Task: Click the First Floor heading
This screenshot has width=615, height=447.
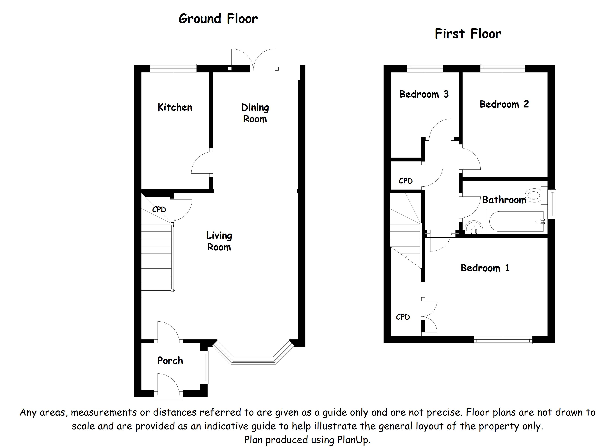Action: (x=468, y=34)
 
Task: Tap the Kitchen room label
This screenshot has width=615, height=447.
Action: (x=175, y=107)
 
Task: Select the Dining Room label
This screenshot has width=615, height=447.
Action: (x=255, y=113)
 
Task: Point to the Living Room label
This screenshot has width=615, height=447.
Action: (x=219, y=241)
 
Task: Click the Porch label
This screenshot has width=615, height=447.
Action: (x=170, y=361)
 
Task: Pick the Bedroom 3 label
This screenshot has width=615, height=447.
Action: (x=424, y=94)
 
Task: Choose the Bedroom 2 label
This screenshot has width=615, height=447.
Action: (x=504, y=104)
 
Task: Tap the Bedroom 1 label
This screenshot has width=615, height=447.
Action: (x=485, y=268)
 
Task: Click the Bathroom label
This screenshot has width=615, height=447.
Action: (x=504, y=200)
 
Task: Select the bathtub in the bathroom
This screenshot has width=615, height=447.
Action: (x=517, y=221)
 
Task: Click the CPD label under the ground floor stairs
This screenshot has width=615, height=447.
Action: (x=159, y=209)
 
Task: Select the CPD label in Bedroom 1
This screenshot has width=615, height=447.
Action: (x=403, y=317)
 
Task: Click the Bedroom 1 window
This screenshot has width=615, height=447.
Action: (x=503, y=340)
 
